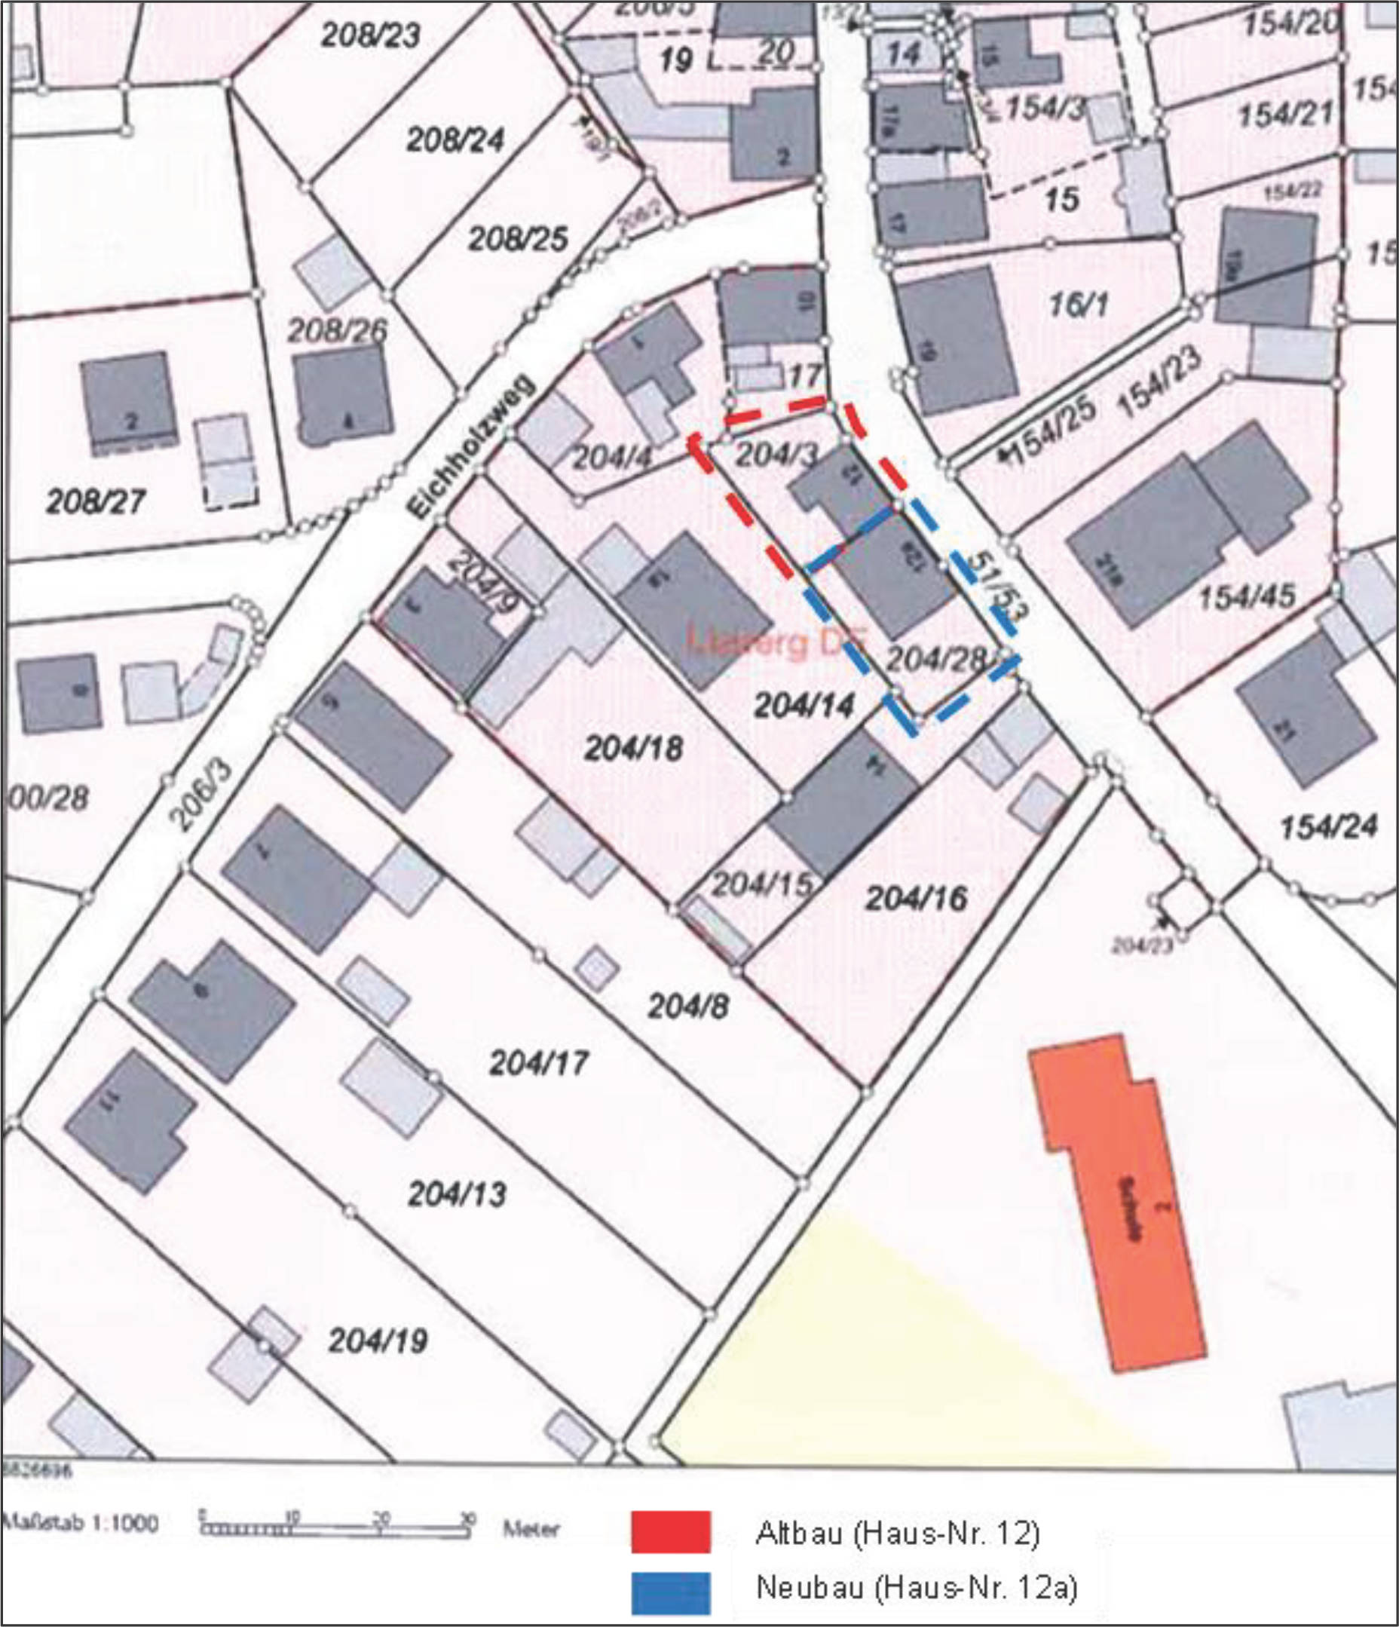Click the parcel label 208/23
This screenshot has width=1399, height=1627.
coord(371,35)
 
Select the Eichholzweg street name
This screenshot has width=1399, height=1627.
coord(471,448)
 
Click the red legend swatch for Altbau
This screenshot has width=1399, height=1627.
coord(672,1532)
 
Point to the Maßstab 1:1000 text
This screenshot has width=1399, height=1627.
coord(80,1524)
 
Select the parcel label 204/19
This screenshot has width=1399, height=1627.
coord(378,1341)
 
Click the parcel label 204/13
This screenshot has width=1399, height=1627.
coord(457,1194)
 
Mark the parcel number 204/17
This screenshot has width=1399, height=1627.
coord(538,1063)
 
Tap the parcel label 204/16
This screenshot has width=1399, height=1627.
coord(916,898)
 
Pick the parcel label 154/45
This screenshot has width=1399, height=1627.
coord(1247,596)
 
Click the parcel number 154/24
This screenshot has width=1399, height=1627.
coord(1328,826)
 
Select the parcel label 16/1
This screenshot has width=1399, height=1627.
coord(1079,305)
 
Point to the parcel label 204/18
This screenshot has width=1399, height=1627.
coord(634,749)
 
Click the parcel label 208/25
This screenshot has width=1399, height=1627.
coord(518,238)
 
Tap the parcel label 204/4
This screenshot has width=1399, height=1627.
coord(613,457)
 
